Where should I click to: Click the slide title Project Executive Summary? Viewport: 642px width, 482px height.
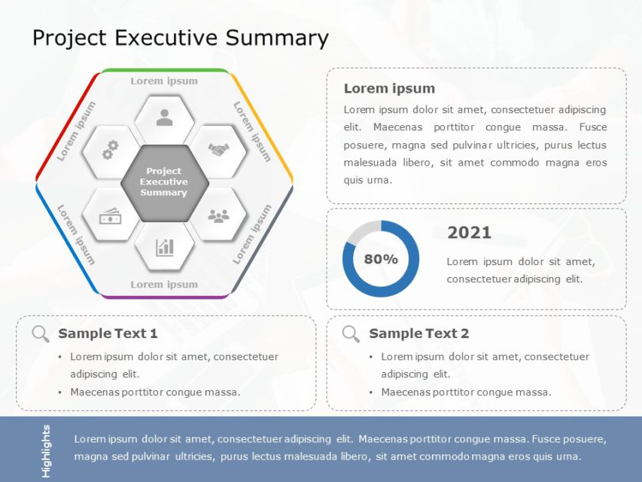pos(181,38)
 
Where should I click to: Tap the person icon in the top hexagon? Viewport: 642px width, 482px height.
pos(164,117)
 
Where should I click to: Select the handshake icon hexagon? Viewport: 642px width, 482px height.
pos(218,151)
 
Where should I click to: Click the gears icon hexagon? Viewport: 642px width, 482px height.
pos(110,151)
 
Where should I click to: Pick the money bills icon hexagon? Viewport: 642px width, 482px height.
pos(110,217)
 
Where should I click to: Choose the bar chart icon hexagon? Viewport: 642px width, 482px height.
pos(164,247)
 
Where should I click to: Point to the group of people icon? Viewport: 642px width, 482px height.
pos(218,216)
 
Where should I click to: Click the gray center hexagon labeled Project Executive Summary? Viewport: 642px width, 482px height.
pos(164,182)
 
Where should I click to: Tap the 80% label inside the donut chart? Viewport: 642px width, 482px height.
pos(381,259)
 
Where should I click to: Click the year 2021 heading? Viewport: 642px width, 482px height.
pos(469,233)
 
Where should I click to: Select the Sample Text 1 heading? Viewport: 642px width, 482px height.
pos(108,334)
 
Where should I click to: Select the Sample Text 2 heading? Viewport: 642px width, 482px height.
pos(418,334)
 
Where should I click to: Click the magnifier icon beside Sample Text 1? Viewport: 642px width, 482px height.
pos(41,334)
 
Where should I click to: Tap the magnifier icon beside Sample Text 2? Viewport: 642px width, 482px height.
pos(351,334)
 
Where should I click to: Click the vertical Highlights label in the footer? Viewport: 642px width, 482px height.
pos(47,450)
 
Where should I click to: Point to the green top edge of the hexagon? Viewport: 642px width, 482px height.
pos(164,70)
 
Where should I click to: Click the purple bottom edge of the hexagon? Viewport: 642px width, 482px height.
pos(164,297)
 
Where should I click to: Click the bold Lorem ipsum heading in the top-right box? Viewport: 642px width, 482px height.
pos(389,89)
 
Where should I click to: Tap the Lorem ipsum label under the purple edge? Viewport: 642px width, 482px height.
pos(164,285)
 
